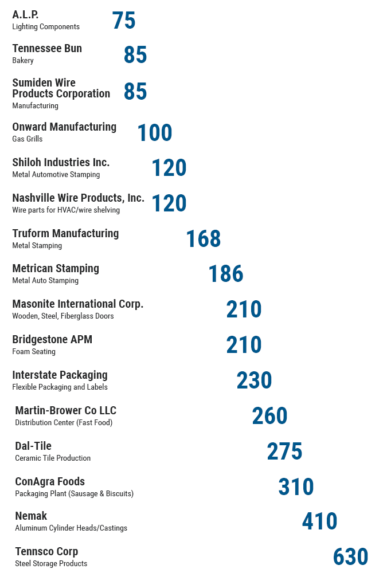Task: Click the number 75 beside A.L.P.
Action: tap(124, 21)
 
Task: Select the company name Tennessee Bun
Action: tap(47, 49)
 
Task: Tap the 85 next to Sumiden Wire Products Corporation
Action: tap(135, 92)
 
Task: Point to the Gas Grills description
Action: tap(28, 139)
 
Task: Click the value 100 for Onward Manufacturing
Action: tap(154, 133)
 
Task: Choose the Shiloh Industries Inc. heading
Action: tap(61, 163)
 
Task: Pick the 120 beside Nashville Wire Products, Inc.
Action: tap(169, 203)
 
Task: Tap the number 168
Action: tap(204, 239)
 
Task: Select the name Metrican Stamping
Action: tap(56, 269)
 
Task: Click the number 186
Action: tap(226, 274)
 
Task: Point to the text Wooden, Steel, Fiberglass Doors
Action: tap(63, 316)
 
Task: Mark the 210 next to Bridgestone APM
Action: tap(244, 345)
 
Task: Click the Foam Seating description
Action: tap(34, 352)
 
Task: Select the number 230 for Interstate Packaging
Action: tap(254, 380)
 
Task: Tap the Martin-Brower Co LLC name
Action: tap(65, 411)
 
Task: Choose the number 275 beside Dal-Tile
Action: tap(284, 452)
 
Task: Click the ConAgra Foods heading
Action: tap(50, 482)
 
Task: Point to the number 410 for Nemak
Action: tap(319, 521)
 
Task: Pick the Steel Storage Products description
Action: tap(51, 564)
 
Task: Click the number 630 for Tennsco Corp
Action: tap(350, 557)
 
